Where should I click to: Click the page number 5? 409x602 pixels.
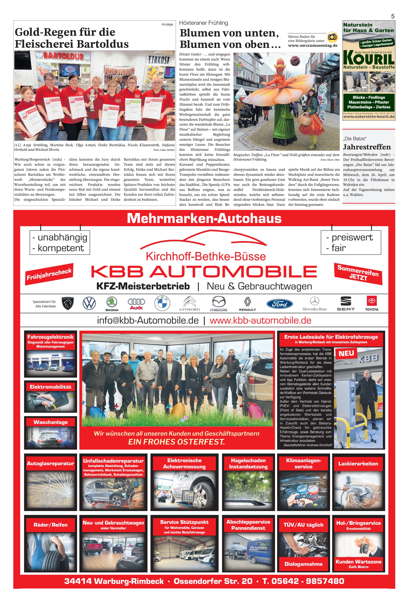pyautogui.click(x=392, y=16)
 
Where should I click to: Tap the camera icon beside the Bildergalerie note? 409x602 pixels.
pyautogui.click(x=332, y=37)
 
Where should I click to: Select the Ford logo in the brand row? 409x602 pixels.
pyautogui.click(x=279, y=304)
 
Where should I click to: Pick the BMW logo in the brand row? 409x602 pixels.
pyautogui.click(x=162, y=303)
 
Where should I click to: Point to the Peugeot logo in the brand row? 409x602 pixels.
pyautogui.click(x=68, y=303)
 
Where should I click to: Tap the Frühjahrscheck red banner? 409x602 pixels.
pyautogui.click(x=49, y=274)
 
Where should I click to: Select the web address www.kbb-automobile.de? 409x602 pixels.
pyautogui.click(x=260, y=321)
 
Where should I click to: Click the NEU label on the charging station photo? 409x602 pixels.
pyautogui.click(x=346, y=353)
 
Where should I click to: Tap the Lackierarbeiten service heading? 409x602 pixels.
pyautogui.click(x=358, y=463)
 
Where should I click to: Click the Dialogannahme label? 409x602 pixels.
pyautogui.click(x=303, y=564)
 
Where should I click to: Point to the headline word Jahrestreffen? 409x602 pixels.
pyautogui.click(x=367, y=147)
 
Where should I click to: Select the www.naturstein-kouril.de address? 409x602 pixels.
pyautogui.click(x=369, y=117)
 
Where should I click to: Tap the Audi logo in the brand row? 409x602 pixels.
pyautogui.click(x=136, y=304)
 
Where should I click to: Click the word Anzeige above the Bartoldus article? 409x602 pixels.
pyautogui.click(x=167, y=24)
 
